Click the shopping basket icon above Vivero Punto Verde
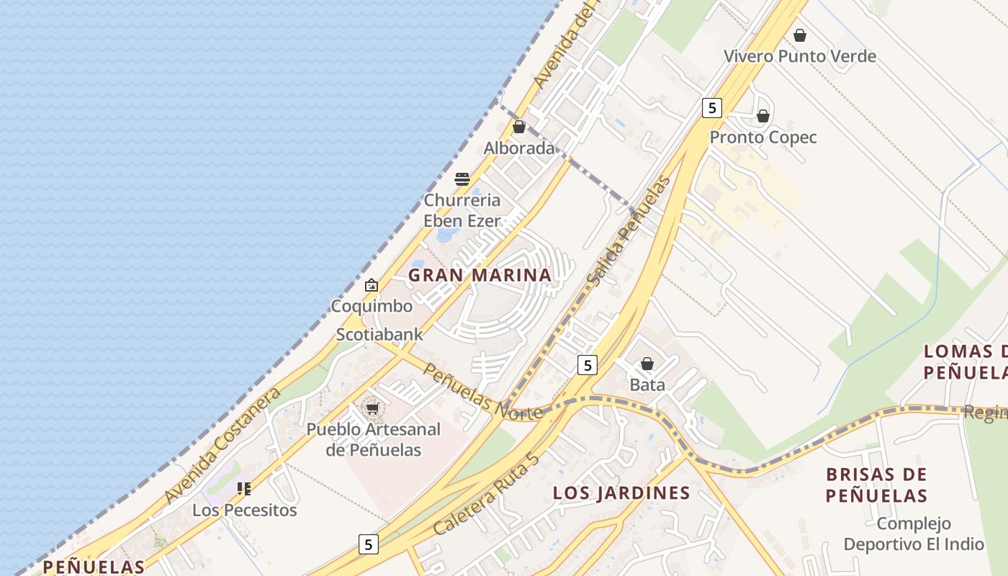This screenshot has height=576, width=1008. click(x=799, y=35)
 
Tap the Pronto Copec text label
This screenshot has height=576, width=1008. click(x=763, y=138)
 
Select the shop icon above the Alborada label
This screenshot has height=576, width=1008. click(x=519, y=127)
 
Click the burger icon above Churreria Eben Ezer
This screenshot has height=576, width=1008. click(x=462, y=179)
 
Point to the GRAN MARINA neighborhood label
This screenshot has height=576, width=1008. click(x=480, y=275)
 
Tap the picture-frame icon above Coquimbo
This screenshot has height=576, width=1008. click(x=372, y=286)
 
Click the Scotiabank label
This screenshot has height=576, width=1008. click(x=379, y=335)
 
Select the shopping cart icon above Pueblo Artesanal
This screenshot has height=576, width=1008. click(x=372, y=409)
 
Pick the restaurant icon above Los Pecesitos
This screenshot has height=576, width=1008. click(x=244, y=490)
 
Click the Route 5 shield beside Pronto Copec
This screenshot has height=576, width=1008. click(x=711, y=108)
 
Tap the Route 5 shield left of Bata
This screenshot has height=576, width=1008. click(x=588, y=365)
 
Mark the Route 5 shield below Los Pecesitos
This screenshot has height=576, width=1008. click(x=369, y=544)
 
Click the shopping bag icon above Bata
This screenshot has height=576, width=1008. click(x=647, y=364)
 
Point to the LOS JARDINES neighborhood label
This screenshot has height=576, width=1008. click(x=621, y=493)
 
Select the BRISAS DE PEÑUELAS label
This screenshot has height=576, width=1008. click(x=876, y=485)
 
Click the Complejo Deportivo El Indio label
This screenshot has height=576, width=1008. click(x=914, y=534)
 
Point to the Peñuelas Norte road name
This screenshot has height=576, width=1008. click(x=482, y=392)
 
